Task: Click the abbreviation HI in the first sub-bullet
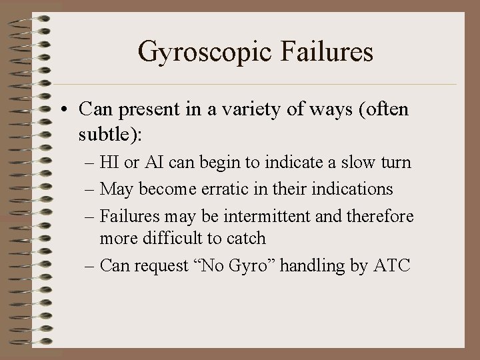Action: pos(109,163)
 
